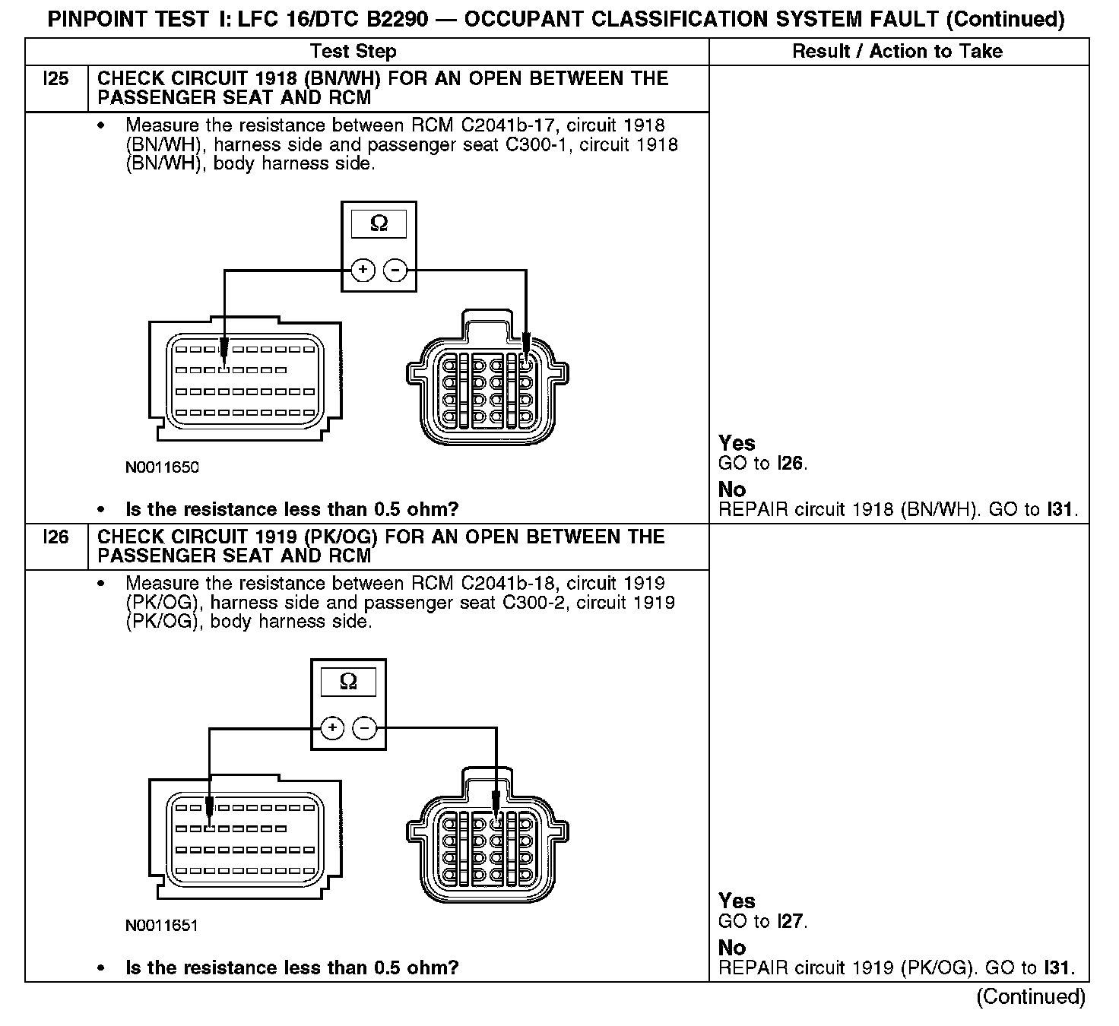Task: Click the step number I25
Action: [56, 79]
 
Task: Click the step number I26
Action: [56, 537]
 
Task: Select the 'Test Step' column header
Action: [353, 52]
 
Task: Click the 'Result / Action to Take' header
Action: [897, 52]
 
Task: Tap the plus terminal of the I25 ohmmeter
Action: [363, 270]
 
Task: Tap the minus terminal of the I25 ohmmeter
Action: [395, 270]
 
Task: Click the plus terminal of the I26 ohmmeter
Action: [333, 729]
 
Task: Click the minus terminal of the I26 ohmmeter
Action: [365, 729]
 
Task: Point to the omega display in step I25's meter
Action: [379, 223]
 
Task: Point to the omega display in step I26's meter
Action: [348, 681]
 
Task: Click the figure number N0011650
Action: [162, 467]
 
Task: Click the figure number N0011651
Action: [162, 926]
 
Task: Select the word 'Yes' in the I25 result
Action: [737, 443]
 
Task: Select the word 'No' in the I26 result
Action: [732, 948]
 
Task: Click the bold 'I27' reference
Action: [791, 922]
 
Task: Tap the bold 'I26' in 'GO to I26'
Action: [791, 464]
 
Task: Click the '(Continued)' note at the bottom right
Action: [1031, 996]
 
